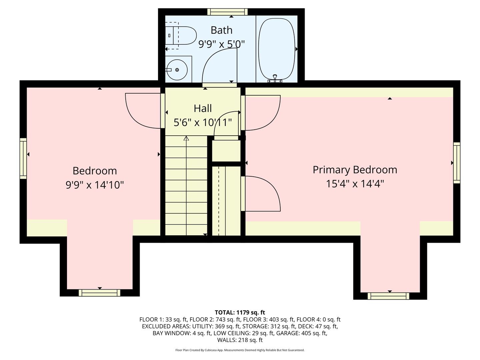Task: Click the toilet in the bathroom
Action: coord(182,35)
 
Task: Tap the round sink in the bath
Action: coord(177,70)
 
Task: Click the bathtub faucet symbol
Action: coord(275,78)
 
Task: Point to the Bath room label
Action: coord(221,30)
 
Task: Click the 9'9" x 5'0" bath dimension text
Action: coord(221,44)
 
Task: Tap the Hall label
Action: coord(203,108)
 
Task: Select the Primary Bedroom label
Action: coord(355,170)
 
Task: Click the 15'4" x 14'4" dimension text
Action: coord(355,184)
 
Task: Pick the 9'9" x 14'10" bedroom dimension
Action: coord(95,185)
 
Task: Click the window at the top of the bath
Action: coord(227,12)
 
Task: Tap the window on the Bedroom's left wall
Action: coord(23,158)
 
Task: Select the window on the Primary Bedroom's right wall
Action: coord(457,163)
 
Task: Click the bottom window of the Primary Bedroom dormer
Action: coord(388,296)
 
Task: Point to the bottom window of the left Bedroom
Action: coord(99,293)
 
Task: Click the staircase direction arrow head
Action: coord(186,138)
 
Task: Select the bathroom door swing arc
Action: coord(218,65)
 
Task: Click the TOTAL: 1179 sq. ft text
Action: coord(240,312)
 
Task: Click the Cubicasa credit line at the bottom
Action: coord(240,350)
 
